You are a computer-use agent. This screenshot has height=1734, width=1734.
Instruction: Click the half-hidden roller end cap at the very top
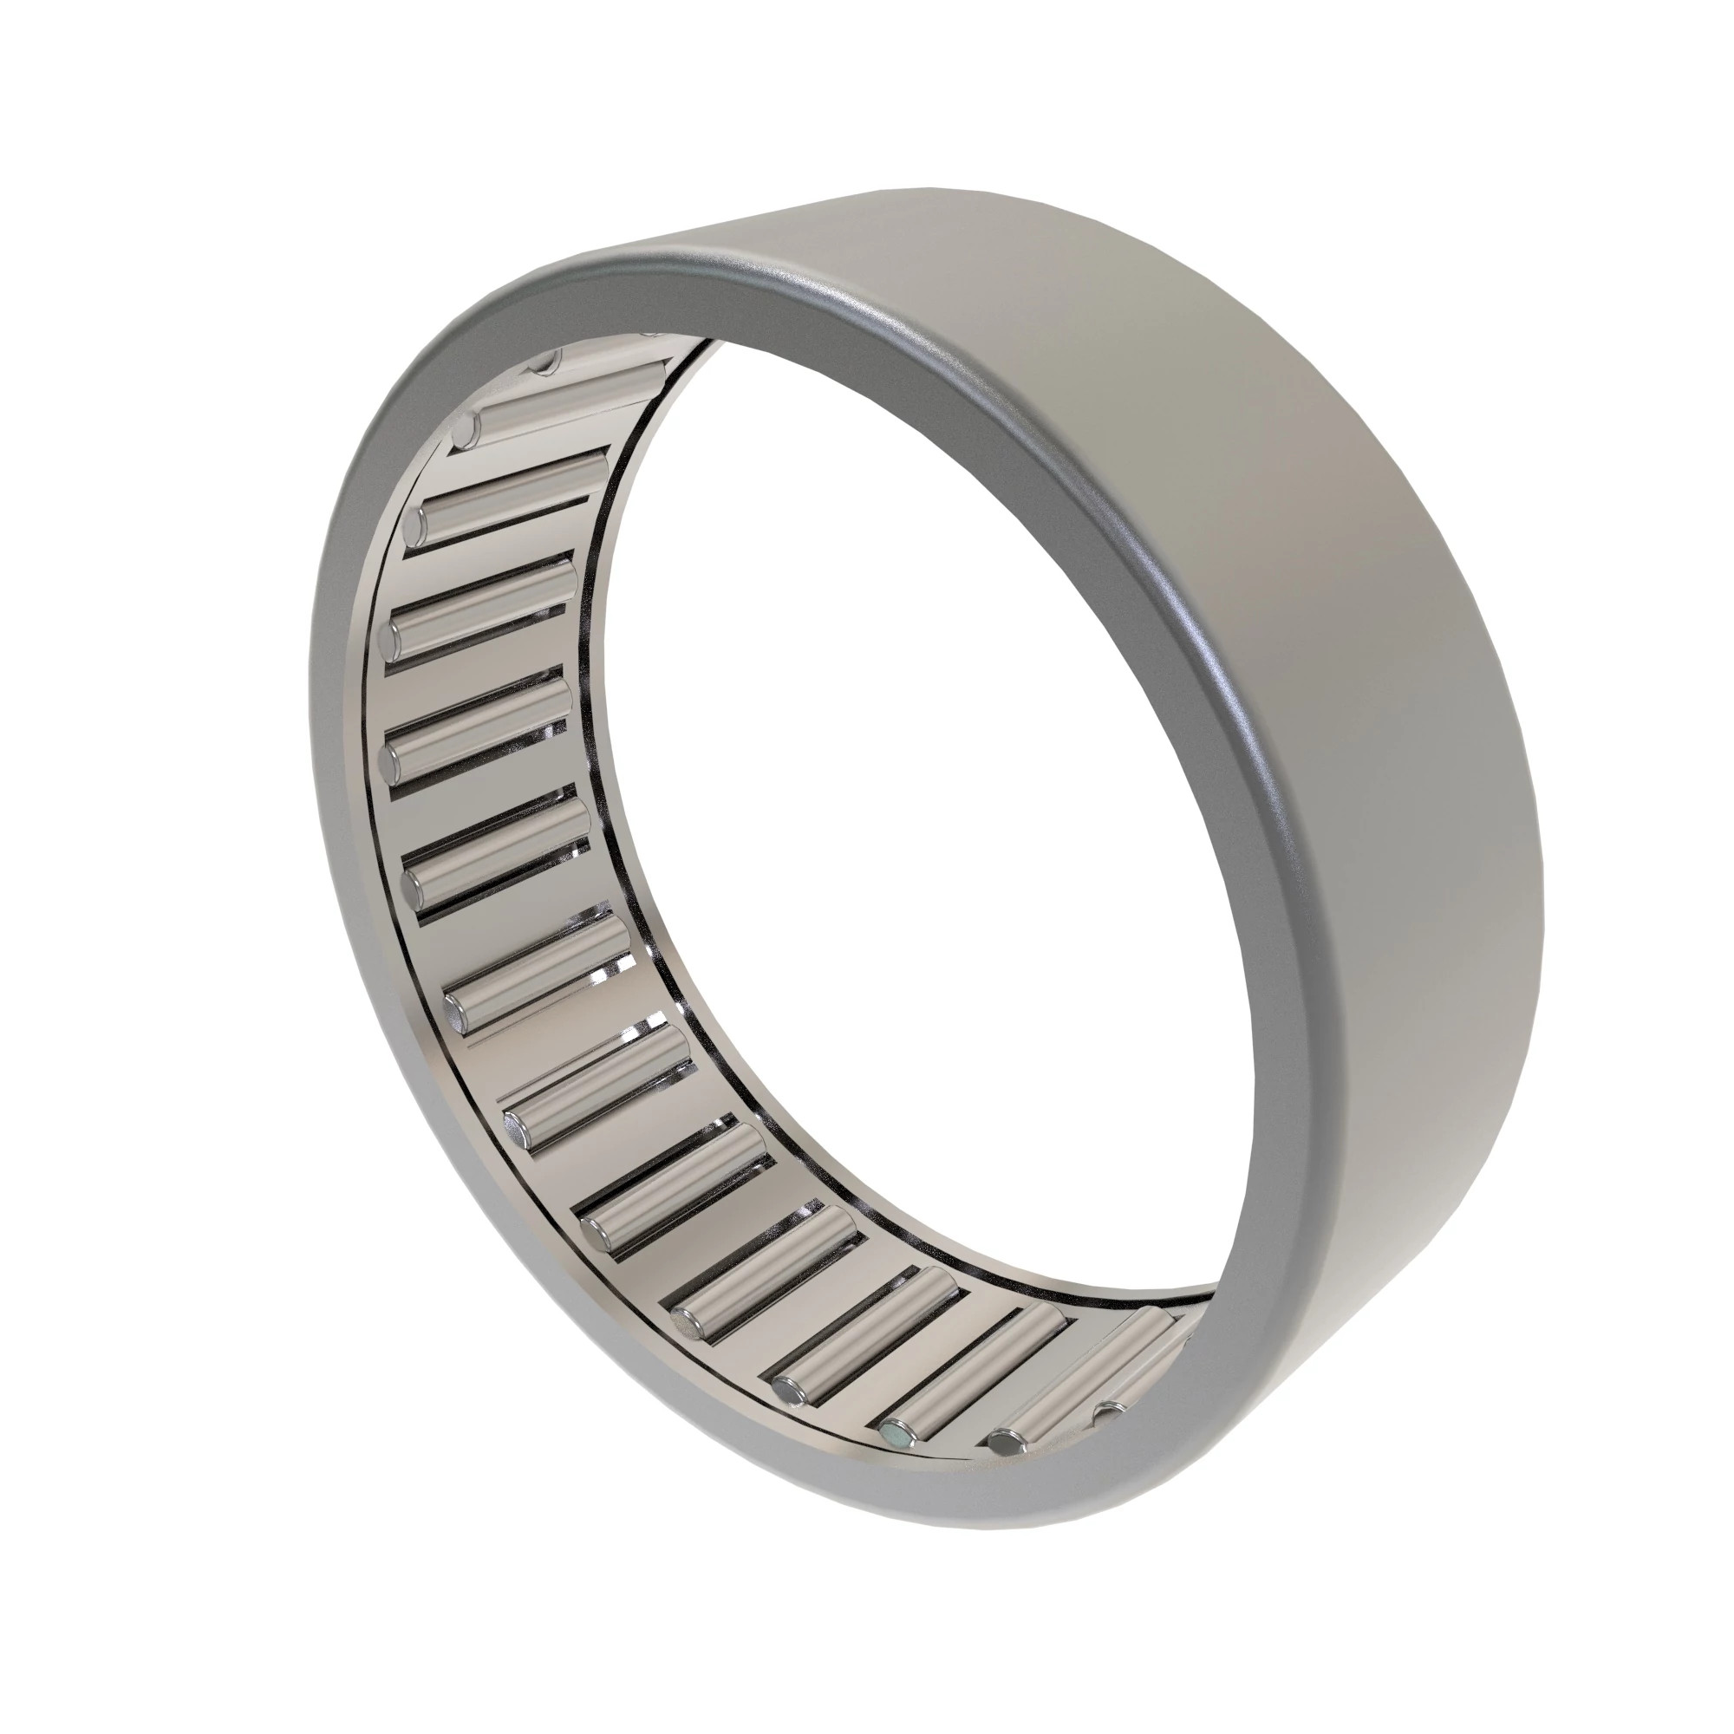pyautogui.click(x=544, y=362)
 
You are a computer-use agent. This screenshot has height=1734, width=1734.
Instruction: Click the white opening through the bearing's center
pyautogui.click(x=897, y=808)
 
